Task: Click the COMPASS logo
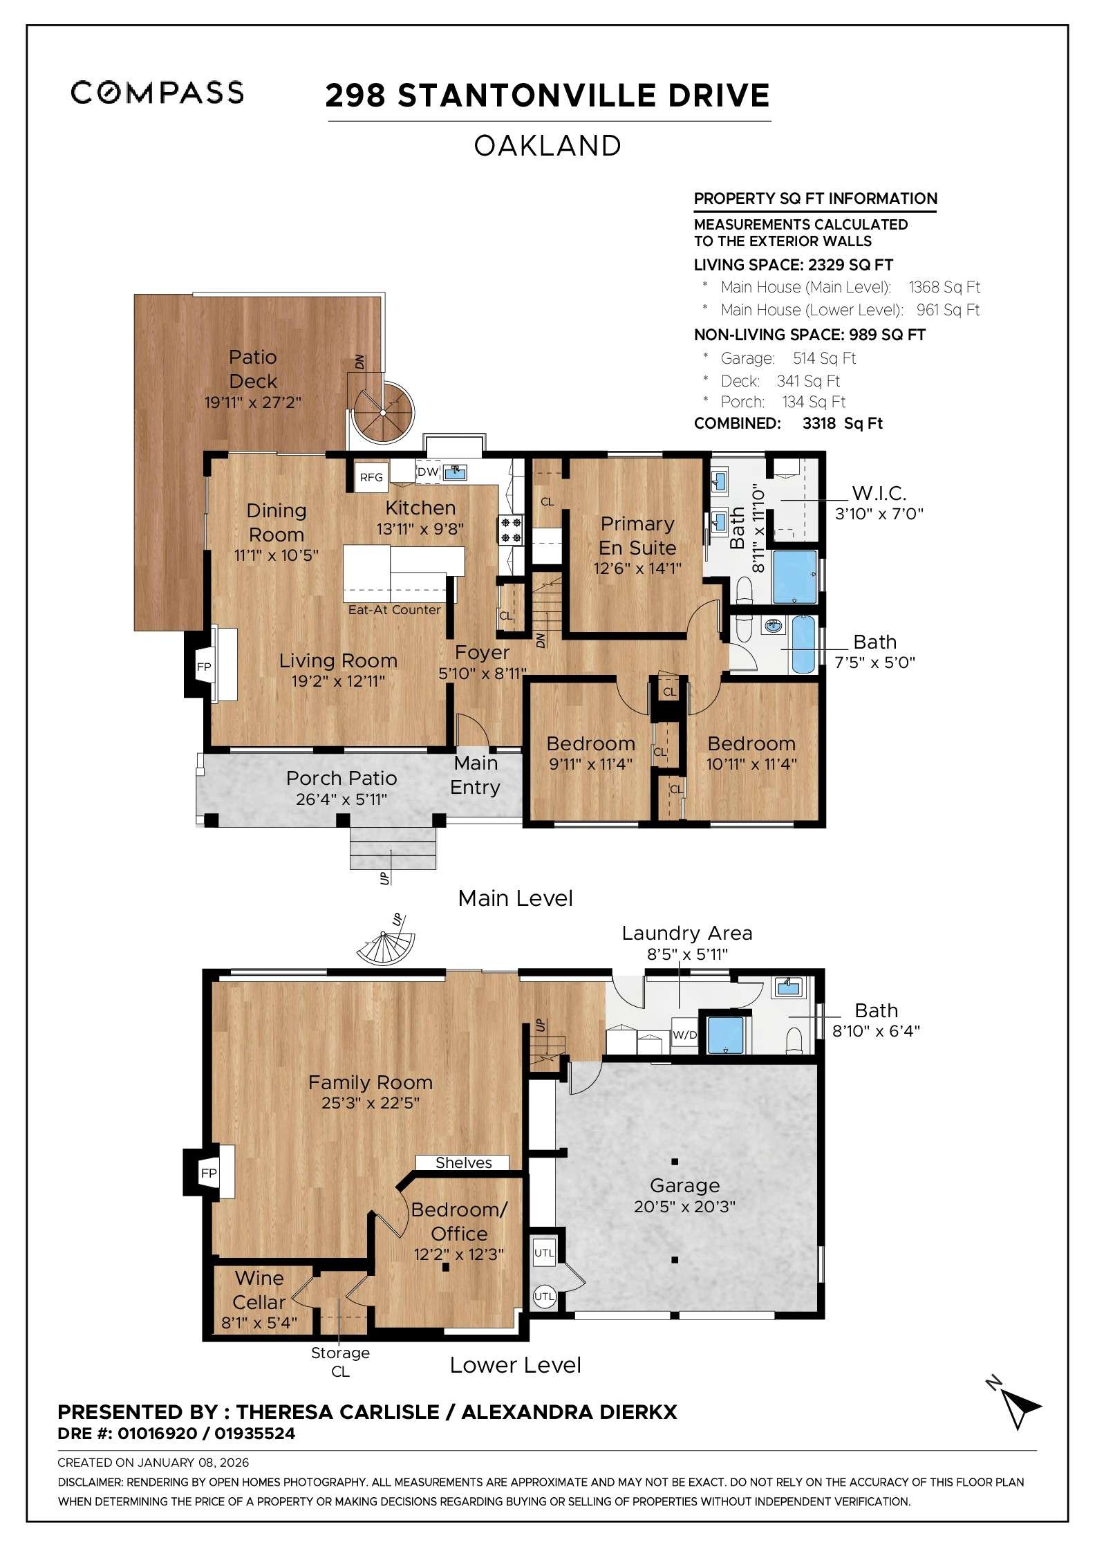157,93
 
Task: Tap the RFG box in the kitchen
371,477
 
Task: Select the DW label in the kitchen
428,472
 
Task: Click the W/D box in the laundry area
684,1035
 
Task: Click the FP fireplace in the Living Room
204,667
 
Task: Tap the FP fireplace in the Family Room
209,1173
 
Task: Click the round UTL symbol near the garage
544,1297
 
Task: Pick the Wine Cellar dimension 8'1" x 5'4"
259,1323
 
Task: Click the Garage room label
684,1185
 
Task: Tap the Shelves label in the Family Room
463,1162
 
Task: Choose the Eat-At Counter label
394,609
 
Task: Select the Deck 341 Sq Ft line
780,381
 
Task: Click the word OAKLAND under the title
547,146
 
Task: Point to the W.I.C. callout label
879,493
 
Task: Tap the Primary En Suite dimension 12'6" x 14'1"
637,568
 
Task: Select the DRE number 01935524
254,1434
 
